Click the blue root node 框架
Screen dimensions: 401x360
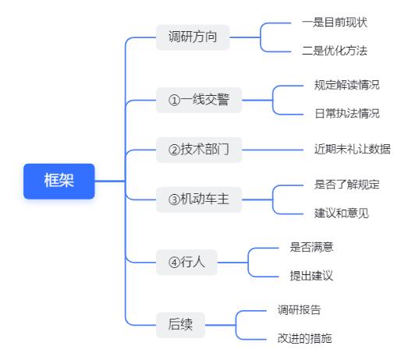59,181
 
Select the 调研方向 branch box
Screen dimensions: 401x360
193,37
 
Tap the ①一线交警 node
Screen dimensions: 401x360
199,100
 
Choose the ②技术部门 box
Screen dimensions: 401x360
199,150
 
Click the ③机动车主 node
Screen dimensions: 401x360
199,199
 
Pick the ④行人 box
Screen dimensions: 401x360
186,262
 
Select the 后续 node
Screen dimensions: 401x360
180,325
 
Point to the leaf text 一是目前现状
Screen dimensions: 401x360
335,23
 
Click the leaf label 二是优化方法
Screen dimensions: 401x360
335,51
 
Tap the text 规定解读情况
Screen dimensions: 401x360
347,85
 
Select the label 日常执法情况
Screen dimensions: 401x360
347,114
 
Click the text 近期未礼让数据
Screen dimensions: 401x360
353,150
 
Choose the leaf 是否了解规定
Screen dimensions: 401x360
347,185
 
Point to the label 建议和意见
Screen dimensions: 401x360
342,214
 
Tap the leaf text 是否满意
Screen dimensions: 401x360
311,247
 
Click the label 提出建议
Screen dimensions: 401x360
311,276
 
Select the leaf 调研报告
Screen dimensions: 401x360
300,310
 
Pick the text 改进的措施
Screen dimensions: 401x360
305,338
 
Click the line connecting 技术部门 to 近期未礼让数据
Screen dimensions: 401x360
272,150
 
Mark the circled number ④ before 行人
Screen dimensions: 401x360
174,263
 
